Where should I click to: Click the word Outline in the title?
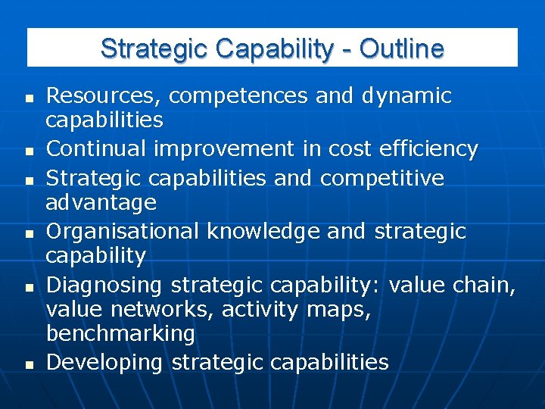[401, 48]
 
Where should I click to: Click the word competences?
[238, 96]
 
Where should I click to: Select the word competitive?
[381, 178]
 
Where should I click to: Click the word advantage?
[101, 202]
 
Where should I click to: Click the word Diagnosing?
[104, 285]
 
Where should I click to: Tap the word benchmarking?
[120, 333]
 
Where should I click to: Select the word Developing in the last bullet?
[104, 362]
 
